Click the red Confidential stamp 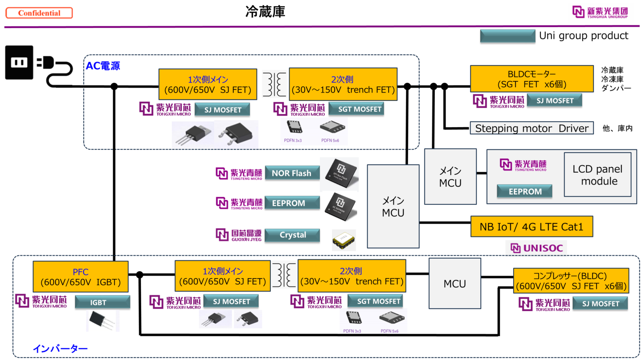(39, 13)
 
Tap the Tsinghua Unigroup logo (601, 13)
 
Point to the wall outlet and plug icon (39, 65)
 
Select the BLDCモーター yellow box (532, 79)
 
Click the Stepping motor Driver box (532, 128)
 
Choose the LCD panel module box (597, 175)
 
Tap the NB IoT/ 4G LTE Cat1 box (531, 227)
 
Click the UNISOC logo (536, 248)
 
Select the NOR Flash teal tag (292, 173)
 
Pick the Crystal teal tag (293, 235)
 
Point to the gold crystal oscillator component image (344, 240)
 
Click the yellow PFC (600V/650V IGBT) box (81, 277)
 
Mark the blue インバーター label (61, 348)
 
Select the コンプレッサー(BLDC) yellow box (571, 281)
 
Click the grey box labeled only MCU (455, 284)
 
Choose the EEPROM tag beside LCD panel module (525, 191)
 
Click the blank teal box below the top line (507, 36)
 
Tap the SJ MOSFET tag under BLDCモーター (554, 101)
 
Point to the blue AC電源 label (103, 66)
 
